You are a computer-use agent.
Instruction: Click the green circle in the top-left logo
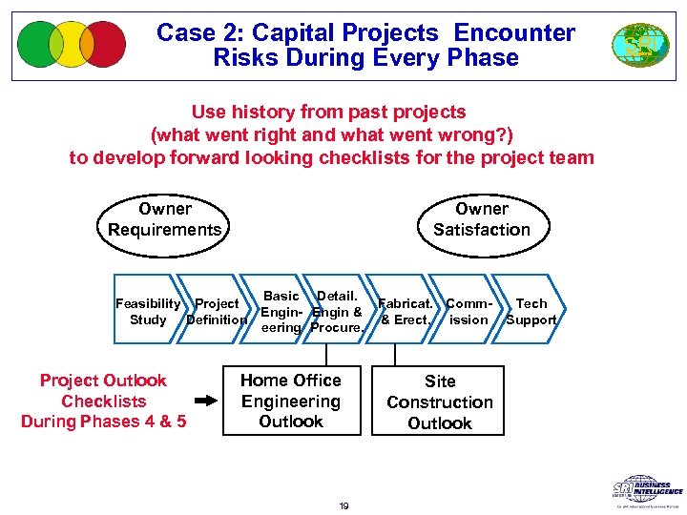click(x=38, y=44)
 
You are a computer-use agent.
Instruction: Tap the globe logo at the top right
click(x=640, y=45)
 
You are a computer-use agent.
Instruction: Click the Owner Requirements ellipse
click(x=164, y=220)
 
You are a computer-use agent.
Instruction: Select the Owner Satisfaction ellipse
click(x=481, y=220)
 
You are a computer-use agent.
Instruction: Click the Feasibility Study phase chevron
click(x=148, y=312)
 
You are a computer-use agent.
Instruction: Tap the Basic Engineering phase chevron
click(x=281, y=312)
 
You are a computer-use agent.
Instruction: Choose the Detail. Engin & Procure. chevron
click(x=337, y=312)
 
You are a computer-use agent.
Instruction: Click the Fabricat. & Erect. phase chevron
click(x=406, y=312)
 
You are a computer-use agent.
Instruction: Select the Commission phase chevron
click(x=468, y=312)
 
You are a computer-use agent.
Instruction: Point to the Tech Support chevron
click(x=531, y=312)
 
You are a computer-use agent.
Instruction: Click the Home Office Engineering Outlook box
click(x=291, y=402)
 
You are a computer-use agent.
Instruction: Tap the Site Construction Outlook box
click(x=440, y=402)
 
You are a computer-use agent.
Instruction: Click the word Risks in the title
click(x=249, y=57)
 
